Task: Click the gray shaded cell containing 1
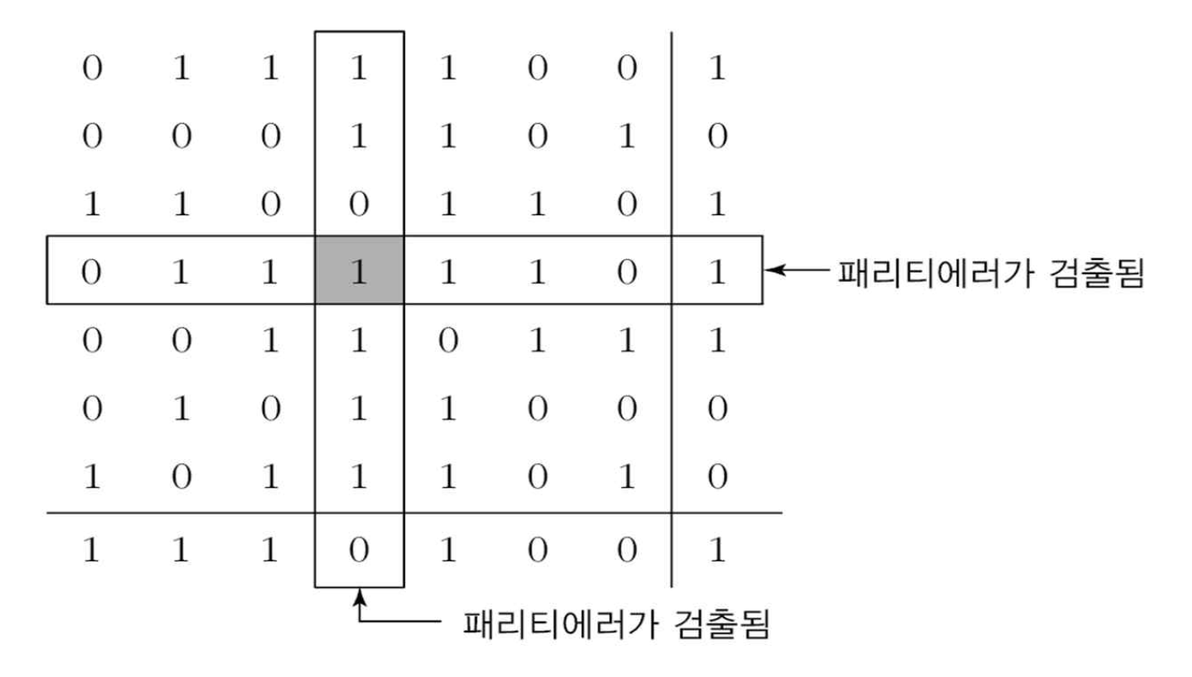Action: tap(359, 270)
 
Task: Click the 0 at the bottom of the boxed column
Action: tap(359, 550)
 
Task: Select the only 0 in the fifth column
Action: tap(447, 340)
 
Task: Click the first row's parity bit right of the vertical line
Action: tap(717, 67)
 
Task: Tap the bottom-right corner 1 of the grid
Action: tap(717, 550)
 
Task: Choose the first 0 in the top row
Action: tap(90, 67)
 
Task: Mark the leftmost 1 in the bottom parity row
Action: tap(90, 550)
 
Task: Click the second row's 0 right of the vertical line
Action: tap(717, 135)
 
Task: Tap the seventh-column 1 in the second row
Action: tap(626, 135)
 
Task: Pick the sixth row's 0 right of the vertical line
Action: tap(717, 409)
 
